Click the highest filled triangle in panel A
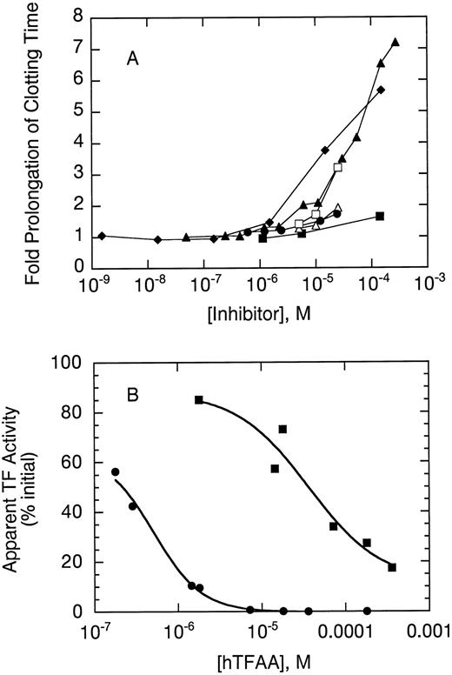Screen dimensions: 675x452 395,42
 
